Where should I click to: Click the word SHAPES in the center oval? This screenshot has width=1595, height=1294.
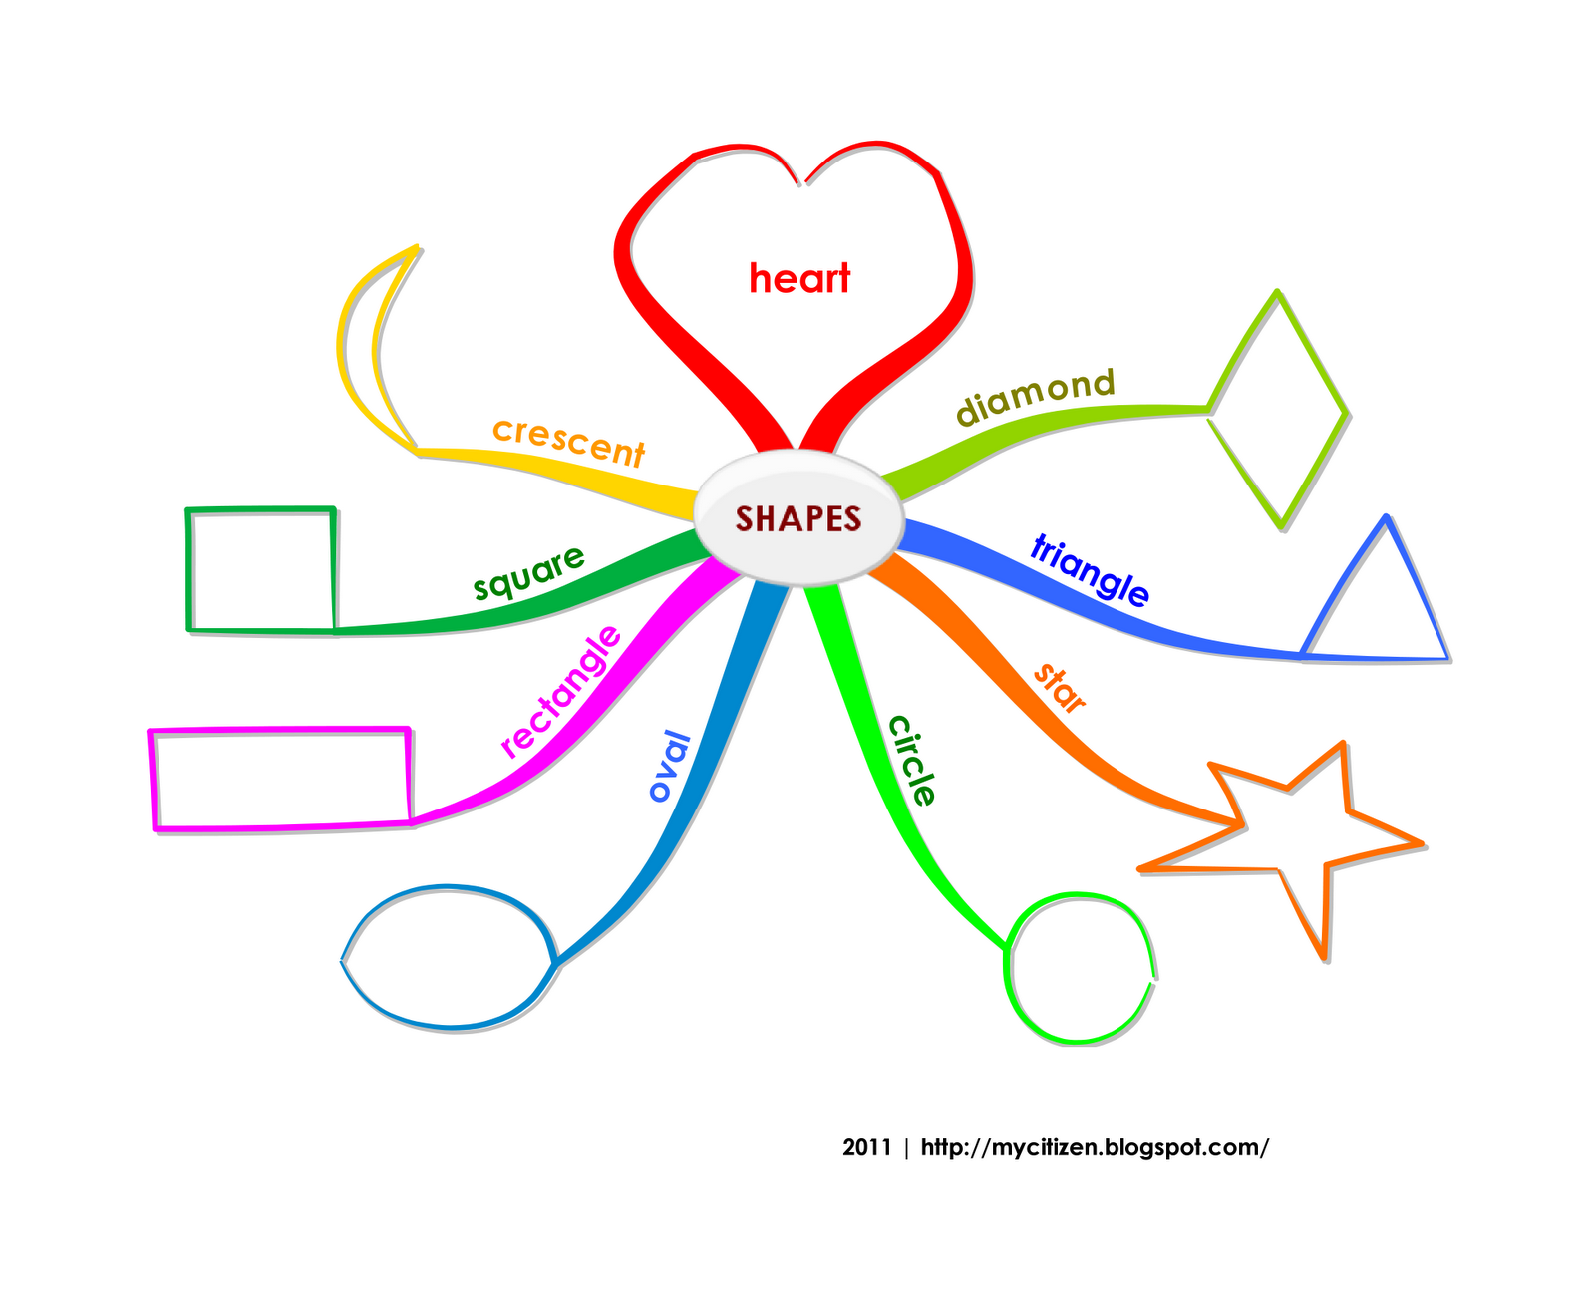tap(798, 518)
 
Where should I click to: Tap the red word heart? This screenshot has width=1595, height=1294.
tap(799, 279)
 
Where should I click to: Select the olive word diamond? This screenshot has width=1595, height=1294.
tap(1035, 395)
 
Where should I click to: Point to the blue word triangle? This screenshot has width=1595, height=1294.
tap(1090, 569)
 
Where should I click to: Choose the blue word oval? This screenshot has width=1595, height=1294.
tap(669, 766)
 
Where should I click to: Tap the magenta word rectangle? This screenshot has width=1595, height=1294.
tap(561, 691)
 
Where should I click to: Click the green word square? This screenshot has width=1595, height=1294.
tap(528, 573)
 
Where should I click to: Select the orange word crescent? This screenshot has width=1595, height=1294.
tap(569, 442)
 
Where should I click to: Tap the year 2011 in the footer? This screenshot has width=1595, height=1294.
tap(866, 1147)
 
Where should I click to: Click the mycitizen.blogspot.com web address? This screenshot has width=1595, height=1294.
tap(1095, 1147)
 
